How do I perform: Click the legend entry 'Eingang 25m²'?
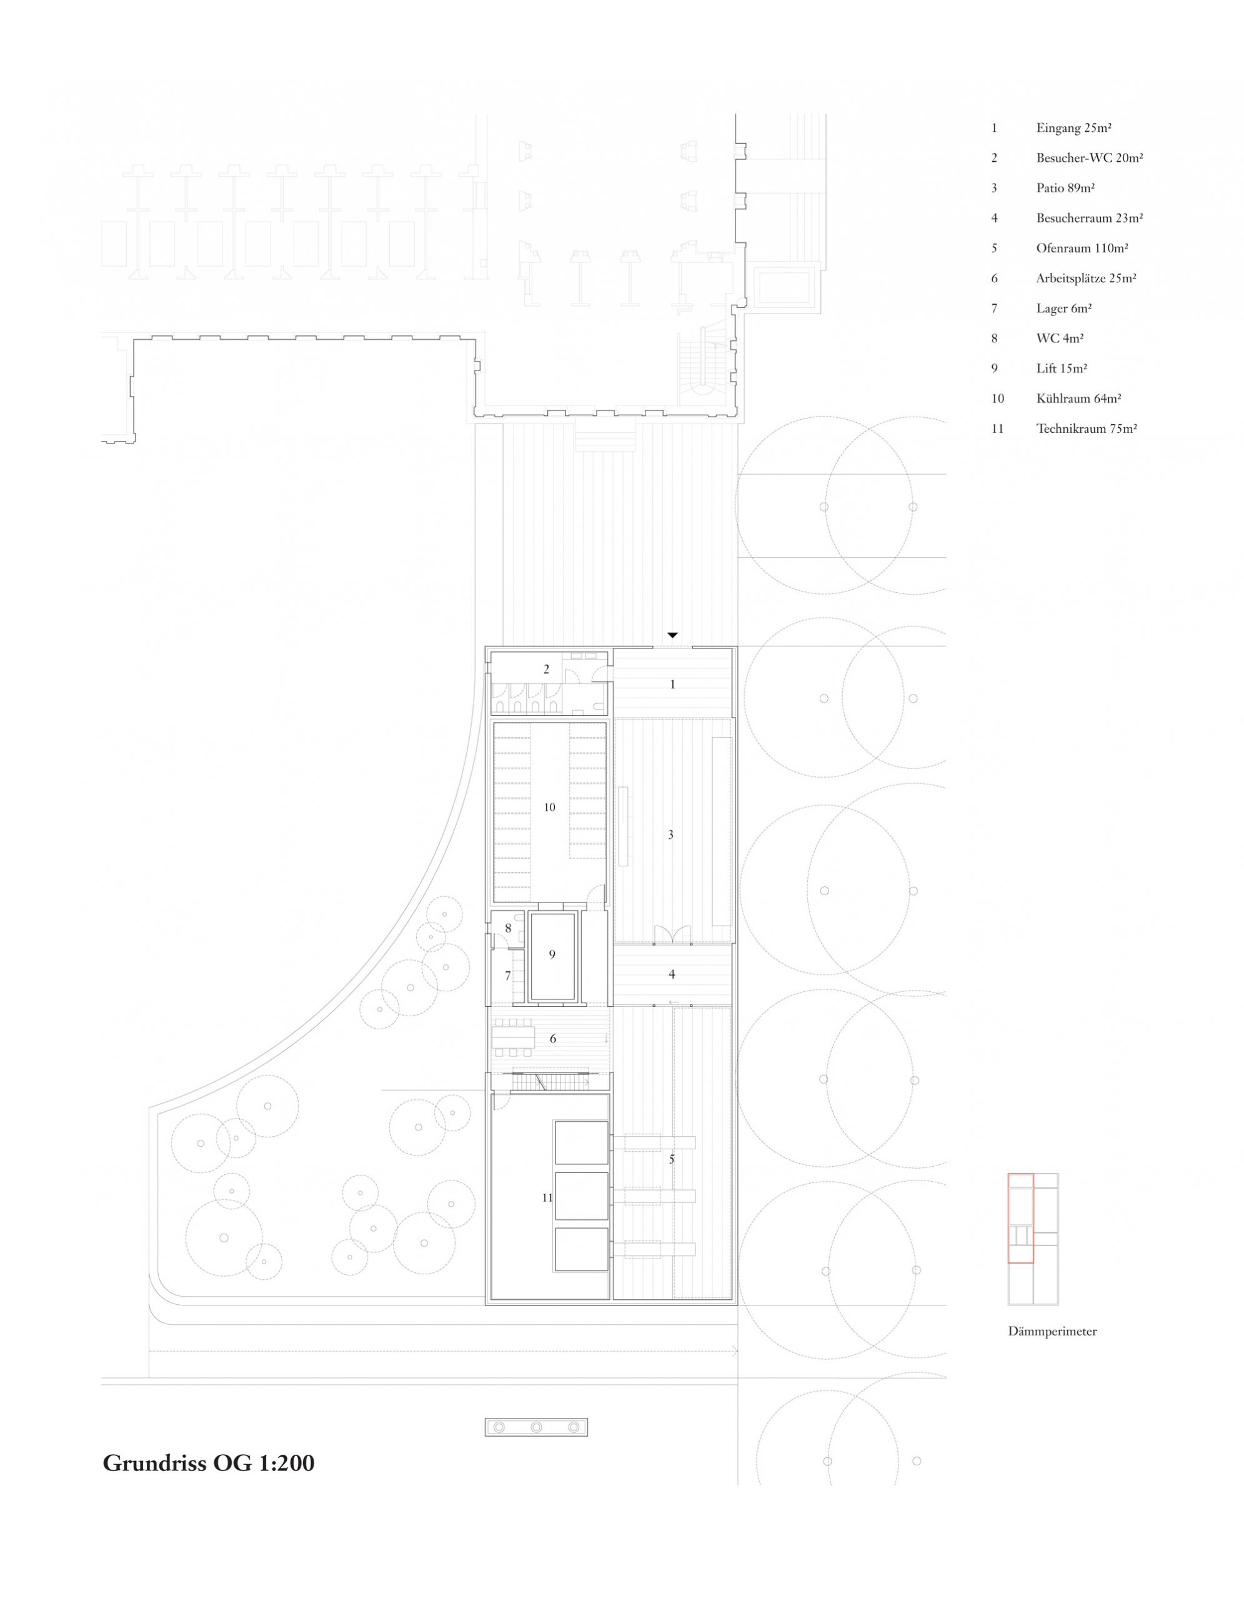click(1073, 128)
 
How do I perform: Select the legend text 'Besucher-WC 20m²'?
click(1090, 158)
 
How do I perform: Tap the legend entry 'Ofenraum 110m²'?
click(1082, 248)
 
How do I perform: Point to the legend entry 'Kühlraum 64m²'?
click(1078, 399)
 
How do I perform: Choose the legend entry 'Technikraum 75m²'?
click(1086, 429)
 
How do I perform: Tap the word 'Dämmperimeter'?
click(1052, 1332)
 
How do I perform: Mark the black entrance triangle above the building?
click(672, 635)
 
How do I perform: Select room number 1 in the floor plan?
click(673, 685)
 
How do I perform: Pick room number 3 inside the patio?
click(670, 834)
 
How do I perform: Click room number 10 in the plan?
click(549, 807)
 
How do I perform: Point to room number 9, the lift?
click(552, 954)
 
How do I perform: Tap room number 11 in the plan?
click(547, 1198)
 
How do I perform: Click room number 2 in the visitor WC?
click(546, 669)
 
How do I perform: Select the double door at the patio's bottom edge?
click(672, 934)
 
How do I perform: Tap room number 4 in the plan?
click(672, 974)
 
